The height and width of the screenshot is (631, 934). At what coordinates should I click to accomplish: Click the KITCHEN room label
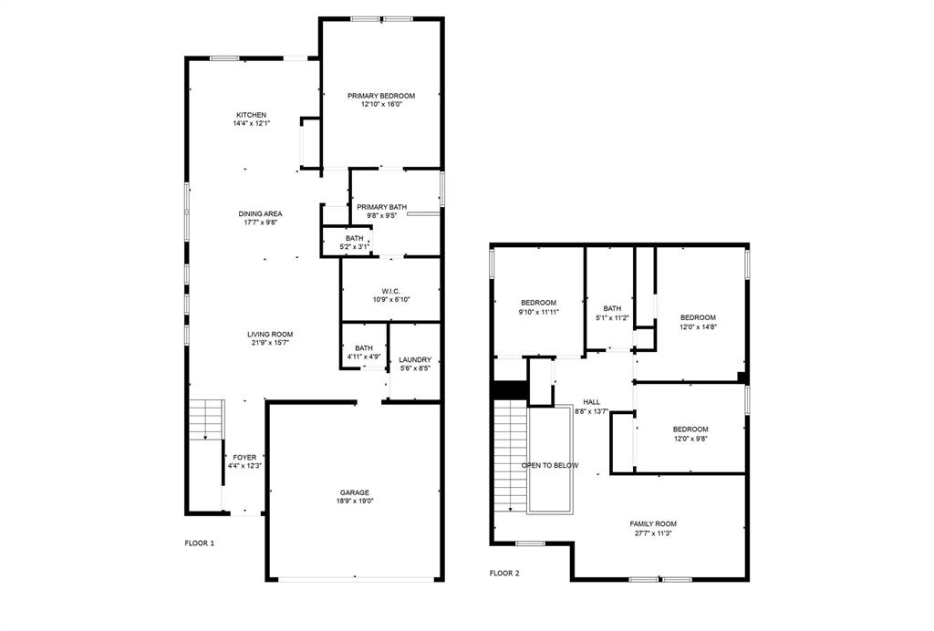pyautogui.click(x=251, y=115)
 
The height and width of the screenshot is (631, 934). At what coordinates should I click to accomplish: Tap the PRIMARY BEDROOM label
pyautogui.click(x=381, y=96)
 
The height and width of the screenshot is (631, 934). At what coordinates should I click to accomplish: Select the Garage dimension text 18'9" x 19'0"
pyautogui.click(x=355, y=501)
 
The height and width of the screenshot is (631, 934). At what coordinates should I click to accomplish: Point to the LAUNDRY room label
pyautogui.click(x=415, y=360)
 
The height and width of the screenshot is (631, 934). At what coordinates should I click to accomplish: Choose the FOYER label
pyautogui.click(x=244, y=458)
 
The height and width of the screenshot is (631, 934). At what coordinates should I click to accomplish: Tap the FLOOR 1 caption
pyautogui.click(x=199, y=543)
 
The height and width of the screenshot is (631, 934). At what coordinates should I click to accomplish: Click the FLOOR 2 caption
pyautogui.click(x=503, y=574)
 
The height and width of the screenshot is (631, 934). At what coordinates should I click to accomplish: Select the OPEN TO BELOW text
pyautogui.click(x=550, y=465)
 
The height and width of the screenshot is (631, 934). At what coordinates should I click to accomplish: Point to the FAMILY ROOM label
pyautogui.click(x=653, y=523)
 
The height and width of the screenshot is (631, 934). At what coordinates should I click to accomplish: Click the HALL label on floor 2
pyautogui.click(x=592, y=402)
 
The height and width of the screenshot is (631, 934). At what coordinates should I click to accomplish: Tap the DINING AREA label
pyautogui.click(x=260, y=213)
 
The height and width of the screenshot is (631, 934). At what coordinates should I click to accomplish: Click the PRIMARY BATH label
pyautogui.click(x=381, y=207)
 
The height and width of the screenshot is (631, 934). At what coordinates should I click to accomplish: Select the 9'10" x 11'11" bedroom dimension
pyautogui.click(x=538, y=312)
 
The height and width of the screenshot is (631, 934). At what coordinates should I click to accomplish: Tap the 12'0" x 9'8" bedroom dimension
pyautogui.click(x=690, y=438)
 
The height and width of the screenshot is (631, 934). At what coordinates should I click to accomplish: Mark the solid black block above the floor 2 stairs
pyautogui.click(x=510, y=389)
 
